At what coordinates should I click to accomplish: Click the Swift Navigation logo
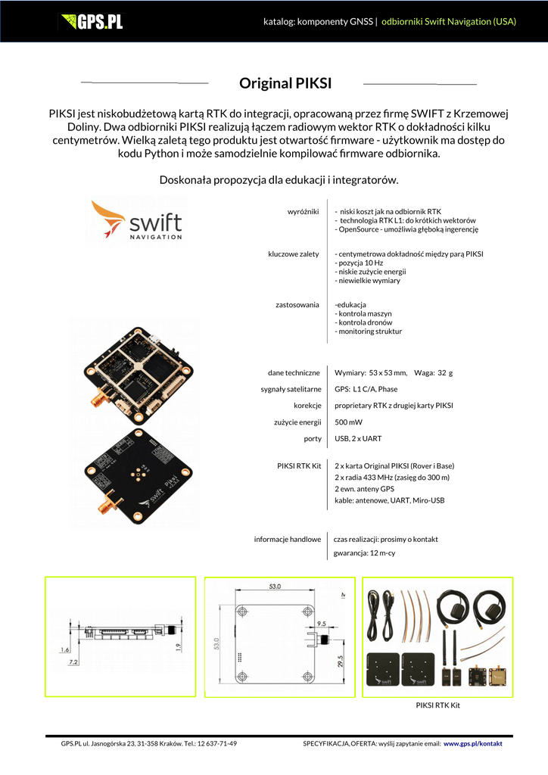(137, 219)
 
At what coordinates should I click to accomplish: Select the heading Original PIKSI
(285, 83)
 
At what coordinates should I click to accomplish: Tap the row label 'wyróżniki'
(303, 211)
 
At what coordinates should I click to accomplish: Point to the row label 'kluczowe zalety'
(293, 254)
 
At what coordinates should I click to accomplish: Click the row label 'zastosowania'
(297, 305)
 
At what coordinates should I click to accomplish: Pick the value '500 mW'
(348, 422)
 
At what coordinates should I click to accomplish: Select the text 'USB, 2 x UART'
(358, 439)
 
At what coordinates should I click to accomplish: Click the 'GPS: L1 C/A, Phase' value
(366, 389)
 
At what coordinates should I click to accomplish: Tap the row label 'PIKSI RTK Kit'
(300, 465)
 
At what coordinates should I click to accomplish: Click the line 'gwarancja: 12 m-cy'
(364, 554)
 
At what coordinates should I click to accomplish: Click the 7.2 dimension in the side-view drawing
(73, 662)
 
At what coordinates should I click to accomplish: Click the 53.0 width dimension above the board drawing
(275, 587)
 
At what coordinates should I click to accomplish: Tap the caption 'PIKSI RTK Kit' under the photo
(438, 705)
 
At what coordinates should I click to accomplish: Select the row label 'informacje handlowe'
(287, 540)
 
